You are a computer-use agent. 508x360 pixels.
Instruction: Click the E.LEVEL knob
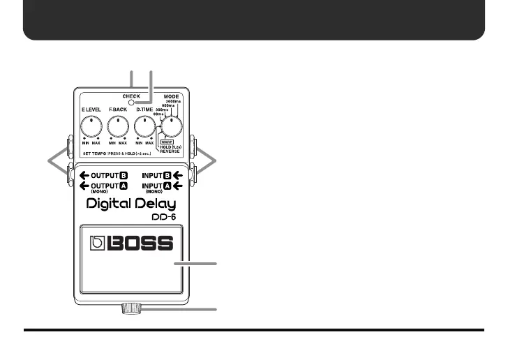(91, 126)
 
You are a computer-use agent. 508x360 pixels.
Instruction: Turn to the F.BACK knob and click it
(118, 126)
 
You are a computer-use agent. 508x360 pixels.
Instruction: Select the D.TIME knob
(144, 126)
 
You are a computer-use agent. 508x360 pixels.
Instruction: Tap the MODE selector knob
(171, 126)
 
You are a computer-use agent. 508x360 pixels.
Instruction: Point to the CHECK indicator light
(131, 105)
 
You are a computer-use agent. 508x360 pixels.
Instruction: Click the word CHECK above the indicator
(131, 97)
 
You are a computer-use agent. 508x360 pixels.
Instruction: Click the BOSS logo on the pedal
(132, 244)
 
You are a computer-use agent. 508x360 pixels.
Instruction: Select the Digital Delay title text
(131, 204)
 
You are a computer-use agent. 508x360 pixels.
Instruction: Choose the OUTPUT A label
(103, 185)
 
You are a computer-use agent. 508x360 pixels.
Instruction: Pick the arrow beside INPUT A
(177, 185)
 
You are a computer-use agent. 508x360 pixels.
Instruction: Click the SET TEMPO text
(95, 153)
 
